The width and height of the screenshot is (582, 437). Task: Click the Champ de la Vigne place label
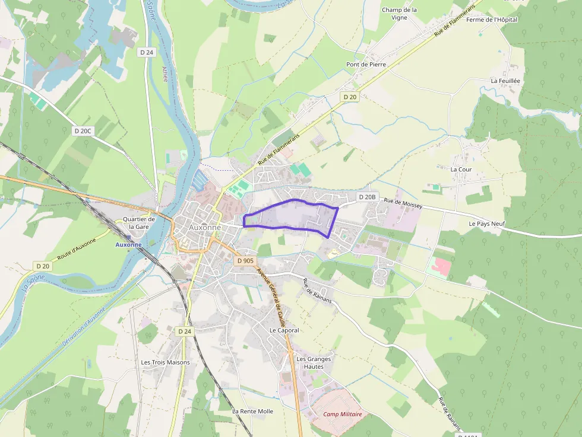(x=399, y=14)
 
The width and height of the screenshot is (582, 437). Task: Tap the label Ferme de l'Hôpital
(x=492, y=20)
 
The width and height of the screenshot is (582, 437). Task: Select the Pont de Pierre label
(x=366, y=64)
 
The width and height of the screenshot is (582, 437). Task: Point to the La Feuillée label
(x=505, y=81)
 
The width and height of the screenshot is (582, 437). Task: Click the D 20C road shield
(x=84, y=130)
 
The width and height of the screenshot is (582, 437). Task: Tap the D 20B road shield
(x=368, y=197)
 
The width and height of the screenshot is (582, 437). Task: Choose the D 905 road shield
(x=245, y=260)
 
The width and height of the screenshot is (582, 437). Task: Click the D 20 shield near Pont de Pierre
(x=350, y=97)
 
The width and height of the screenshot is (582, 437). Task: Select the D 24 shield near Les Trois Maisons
(x=185, y=331)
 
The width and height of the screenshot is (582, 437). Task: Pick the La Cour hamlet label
(x=461, y=170)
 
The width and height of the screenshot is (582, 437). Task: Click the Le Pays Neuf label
(x=486, y=224)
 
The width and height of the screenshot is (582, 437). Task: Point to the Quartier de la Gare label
(x=138, y=223)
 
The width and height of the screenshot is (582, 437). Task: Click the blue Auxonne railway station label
(x=128, y=244)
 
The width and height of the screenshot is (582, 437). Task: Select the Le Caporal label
(x=284, y=330)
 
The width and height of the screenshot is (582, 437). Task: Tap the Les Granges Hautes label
(x=314, y=362)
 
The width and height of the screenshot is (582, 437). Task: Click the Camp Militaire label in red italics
(x=342, y=414)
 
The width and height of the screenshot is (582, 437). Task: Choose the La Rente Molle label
(x=252, y=411)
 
